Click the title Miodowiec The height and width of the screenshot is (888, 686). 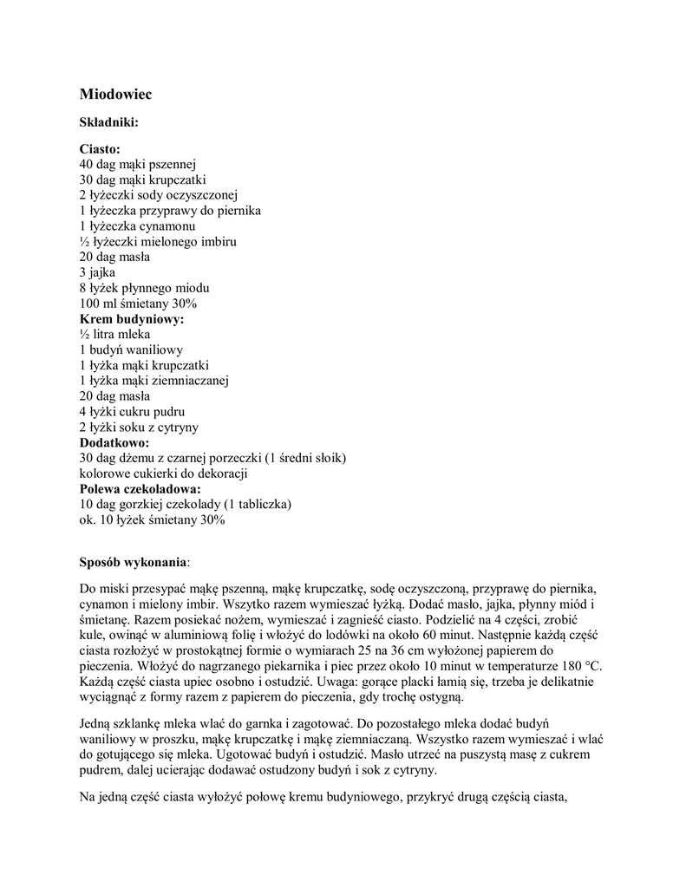pyautogui.click(x=115, y=93)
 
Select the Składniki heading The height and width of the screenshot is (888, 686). pyautogui.click(x=109, y=122)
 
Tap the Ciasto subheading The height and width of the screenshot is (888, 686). pyautogui.click(x=100, y=149)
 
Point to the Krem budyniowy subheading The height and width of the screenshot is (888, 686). pyautogui.click(x=132, y=319)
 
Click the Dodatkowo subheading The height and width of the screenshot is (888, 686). pyautogui.click(x=114, y=442)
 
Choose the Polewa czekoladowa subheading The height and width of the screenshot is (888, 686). pyautogui.click(x=140, y=489)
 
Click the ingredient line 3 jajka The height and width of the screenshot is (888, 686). pyautogui.click(x=97, y=272)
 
